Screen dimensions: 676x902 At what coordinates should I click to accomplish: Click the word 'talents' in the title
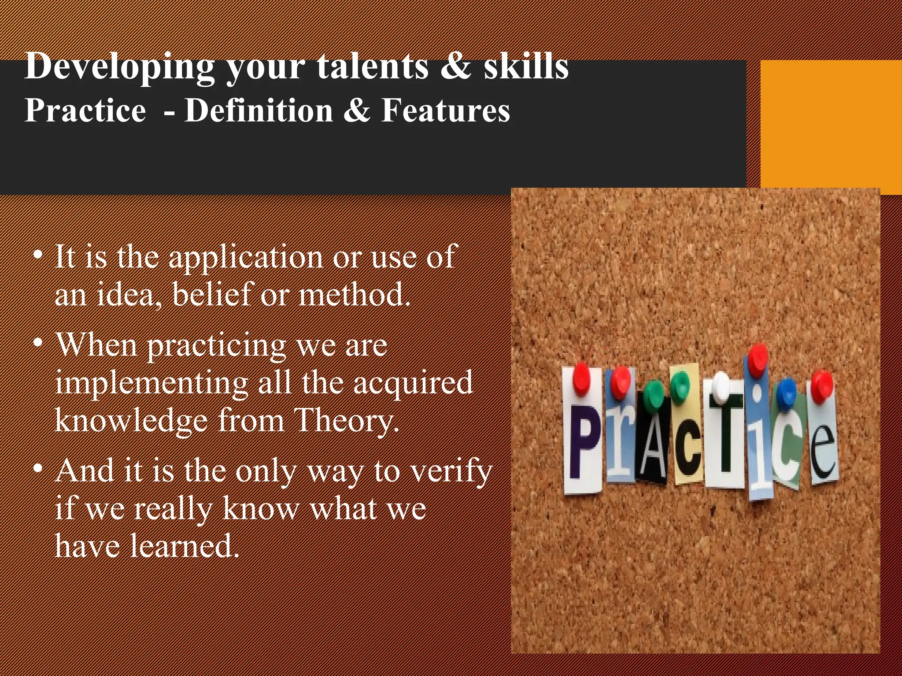click(x=373, y=67)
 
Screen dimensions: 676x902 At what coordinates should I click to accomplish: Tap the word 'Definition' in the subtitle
click(x=259, y=110)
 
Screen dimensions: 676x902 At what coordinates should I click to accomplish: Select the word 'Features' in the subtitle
click(x=445, y=110)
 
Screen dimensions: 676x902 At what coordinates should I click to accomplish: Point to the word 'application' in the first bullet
click(x=246, y=257)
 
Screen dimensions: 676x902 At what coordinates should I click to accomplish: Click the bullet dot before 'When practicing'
click(x=39, y=343)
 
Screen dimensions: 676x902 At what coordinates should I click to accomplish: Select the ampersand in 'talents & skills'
click(x=455, y=67)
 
